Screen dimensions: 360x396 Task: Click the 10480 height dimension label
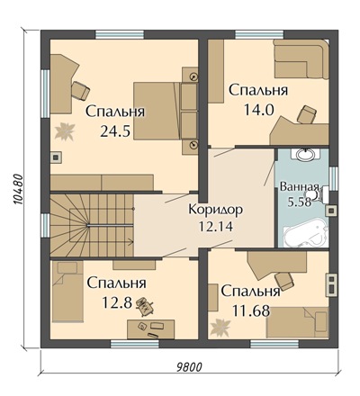(18, 189)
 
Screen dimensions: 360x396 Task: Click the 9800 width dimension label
(189, 366)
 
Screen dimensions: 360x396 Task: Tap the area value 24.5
(115, 130)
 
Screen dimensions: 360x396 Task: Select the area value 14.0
(258, 110)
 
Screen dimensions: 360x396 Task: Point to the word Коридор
(215, 210)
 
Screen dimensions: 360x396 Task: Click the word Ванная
(299, 187)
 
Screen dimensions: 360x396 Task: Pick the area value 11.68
(251, 311)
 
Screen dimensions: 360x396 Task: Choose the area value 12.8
(117, 302)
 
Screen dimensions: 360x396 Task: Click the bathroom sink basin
(305, 155)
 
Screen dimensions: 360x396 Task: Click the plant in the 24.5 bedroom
(65, 131)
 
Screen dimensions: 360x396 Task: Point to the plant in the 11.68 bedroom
(220, 327)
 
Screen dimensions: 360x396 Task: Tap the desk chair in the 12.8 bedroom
(145, 306)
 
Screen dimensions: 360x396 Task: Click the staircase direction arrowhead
(131, 240)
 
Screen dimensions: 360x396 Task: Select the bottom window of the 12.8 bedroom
(135, 344)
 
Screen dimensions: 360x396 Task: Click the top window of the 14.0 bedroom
(259, 34)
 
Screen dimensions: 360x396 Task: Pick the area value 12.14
(216, 227)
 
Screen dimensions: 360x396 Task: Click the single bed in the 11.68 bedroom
(298, 322)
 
